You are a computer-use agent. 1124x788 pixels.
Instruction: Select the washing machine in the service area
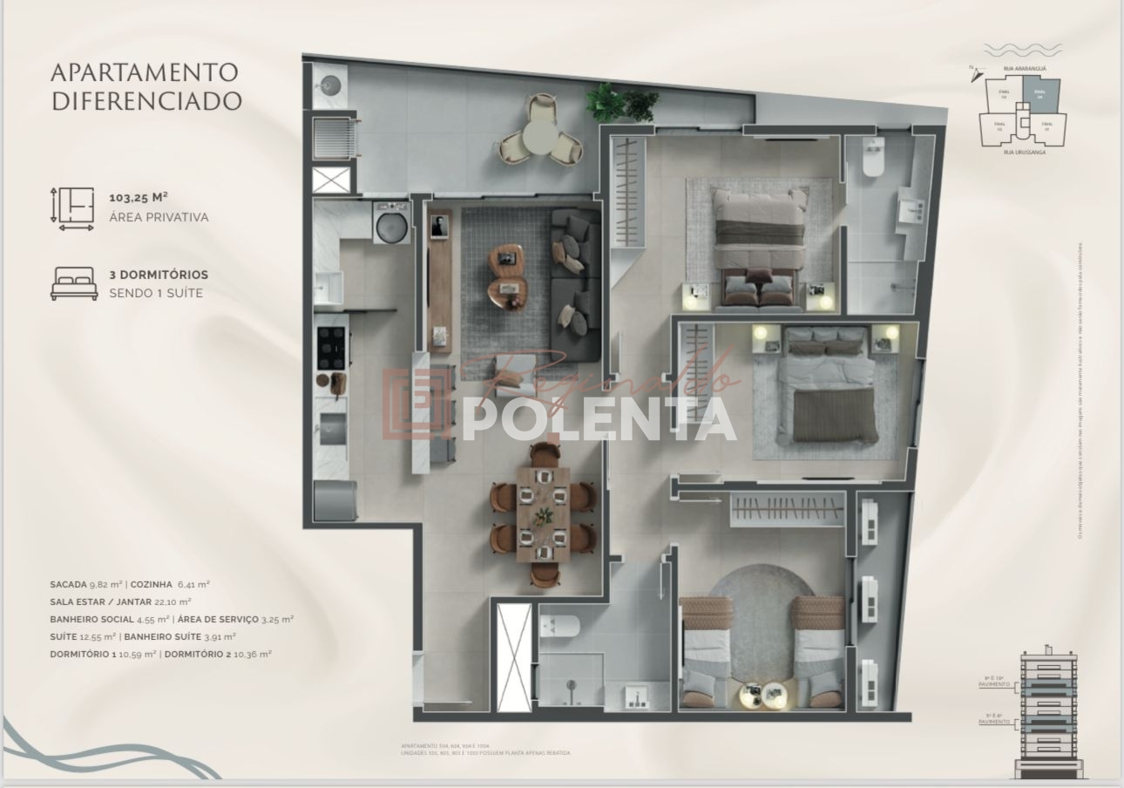point(389,223)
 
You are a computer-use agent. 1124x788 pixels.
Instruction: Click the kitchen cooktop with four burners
point(332,347)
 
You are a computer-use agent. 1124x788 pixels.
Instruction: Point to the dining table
point(543,515)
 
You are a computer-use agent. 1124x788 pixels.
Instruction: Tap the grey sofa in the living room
point(575,283)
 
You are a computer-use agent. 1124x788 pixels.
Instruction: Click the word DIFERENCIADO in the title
point(146,100)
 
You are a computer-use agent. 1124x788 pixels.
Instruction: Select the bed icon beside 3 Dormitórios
point(74,283)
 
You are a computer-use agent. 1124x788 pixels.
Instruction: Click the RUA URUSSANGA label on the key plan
point(1023,152)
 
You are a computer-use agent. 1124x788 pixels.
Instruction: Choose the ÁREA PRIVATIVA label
point(159,217)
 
